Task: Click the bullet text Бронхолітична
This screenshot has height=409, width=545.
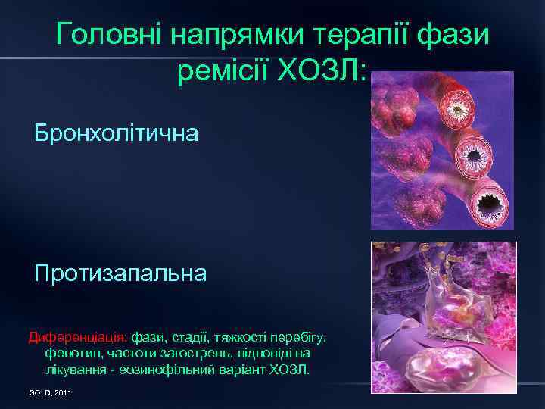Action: (x=117, y=134)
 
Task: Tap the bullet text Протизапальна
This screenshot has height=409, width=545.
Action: (x=120, y=273)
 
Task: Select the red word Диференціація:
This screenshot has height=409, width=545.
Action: (x=78, y=336)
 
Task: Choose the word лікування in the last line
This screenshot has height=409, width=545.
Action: (x=73, y=370)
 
